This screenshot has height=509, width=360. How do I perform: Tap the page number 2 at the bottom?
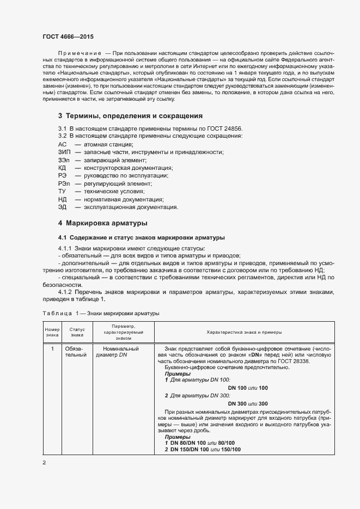pyautogui.click(x=44, y=463)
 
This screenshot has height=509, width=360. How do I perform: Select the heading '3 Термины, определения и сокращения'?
pyautogui.click(x=130, y=116)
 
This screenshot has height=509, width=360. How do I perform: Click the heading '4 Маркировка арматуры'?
pyautogui.click(x=102, y=223)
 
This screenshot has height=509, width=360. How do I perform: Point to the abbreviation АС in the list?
pyautogui.click(x=62, y=144)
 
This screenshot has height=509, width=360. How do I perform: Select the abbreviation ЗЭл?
pyautogui.click(x=64, y=160)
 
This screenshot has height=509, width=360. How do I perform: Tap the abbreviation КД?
pyautogui.click(x=62, y=168)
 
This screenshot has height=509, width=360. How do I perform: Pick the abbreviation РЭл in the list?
pyautogui.click(x=64, y=184)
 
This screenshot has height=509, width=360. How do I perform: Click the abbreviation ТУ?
pyautogui.click(x=62, y=192)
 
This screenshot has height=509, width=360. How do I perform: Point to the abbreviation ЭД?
pyautogui.click(x=62, y=207)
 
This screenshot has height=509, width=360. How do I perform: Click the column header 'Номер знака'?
pyautogui.click(x=52, y=333)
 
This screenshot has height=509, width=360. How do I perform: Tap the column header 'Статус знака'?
pyautogui.click(x=77, y=333)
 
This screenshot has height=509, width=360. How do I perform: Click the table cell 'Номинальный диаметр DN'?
pyautogui.click(x=117, y=352)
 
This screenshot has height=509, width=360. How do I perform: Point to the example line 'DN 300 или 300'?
pyautogui.click(x=248, y=403)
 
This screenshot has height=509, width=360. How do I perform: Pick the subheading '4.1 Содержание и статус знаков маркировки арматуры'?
pyautogui.click(x=141, y=238)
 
